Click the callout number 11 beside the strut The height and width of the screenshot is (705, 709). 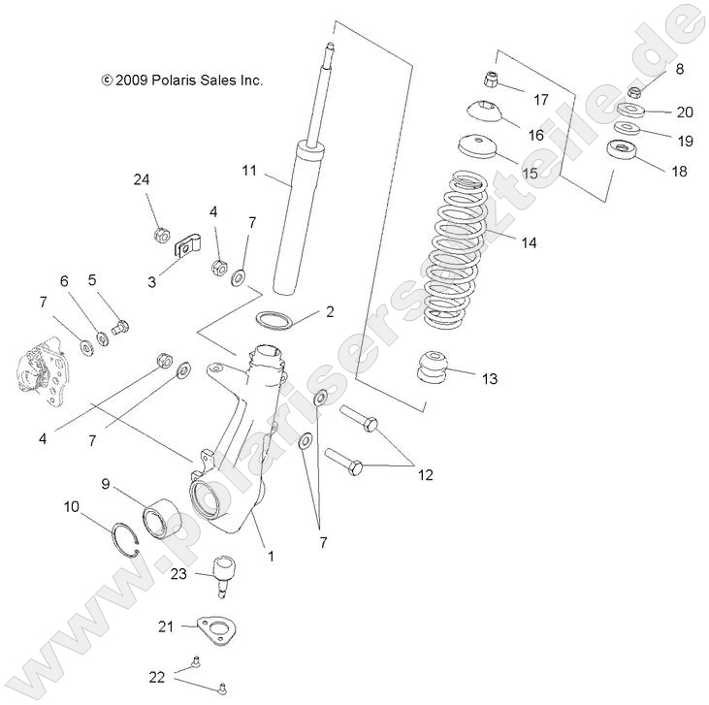[249, 171]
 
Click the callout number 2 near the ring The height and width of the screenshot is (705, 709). [329, 311]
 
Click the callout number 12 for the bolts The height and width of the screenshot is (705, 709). [425, 475]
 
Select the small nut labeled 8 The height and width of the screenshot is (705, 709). [634, 92]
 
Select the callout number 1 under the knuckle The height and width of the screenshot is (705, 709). [271, 557]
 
